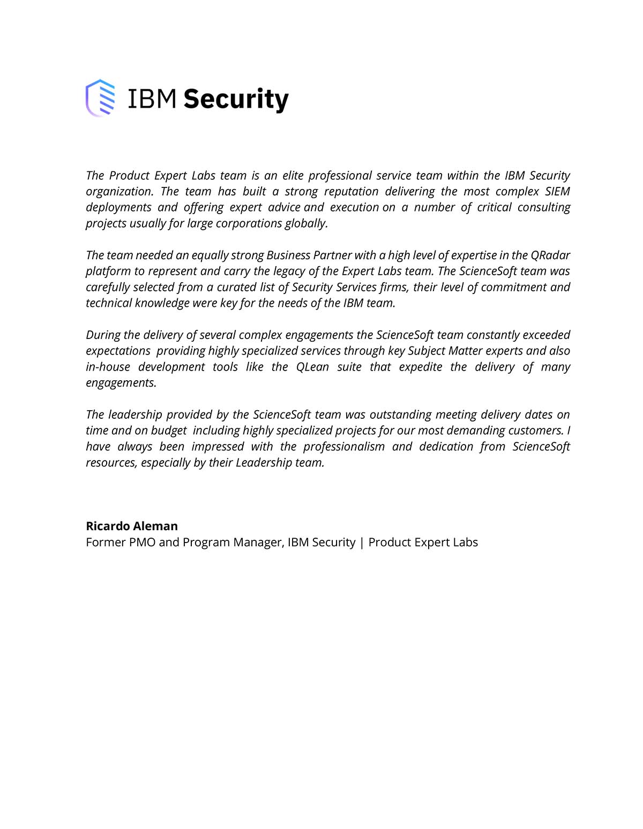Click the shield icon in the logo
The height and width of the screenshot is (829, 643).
pos(100,98)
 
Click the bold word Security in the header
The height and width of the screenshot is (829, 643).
pos(236,100)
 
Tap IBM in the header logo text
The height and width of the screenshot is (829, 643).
pos(152,99)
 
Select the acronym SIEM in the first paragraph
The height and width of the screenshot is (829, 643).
pos(557,191)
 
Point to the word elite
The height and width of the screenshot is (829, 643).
pos(293,176)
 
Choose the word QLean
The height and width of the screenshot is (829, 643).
pos(312,367)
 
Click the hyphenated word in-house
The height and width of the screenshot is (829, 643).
pos(108,367)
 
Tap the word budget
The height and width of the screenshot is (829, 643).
pos(169,431)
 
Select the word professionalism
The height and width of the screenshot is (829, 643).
pos(343,447)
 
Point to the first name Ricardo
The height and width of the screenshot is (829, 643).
pos(108,526)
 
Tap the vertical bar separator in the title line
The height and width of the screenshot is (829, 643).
pos(362,542)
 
